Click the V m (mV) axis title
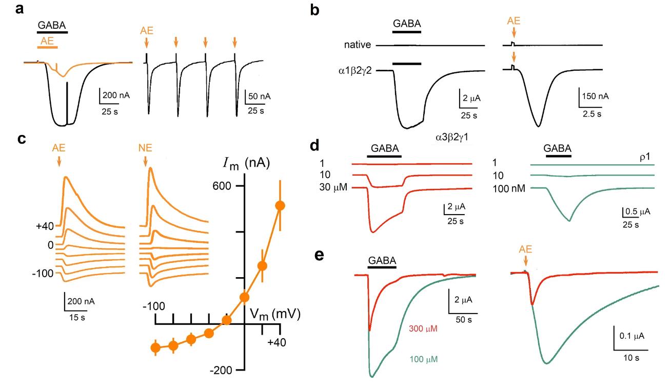tap(275, 314)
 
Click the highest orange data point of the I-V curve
tap(280, 205)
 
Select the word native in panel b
tap(358, 45)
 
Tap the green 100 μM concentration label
tap(423, 357)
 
